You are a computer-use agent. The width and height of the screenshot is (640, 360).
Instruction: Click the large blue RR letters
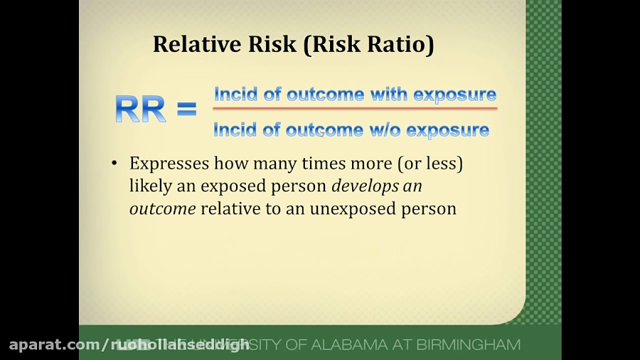[x=140, y=109]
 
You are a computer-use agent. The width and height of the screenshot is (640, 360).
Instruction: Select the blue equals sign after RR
[x=186, y=109]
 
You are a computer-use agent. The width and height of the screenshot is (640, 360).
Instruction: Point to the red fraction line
[x=354, y=108]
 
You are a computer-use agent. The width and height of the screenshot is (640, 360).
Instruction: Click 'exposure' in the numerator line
[x=455, y=94]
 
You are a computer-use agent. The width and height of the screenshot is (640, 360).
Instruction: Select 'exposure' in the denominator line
[x=448, y=129]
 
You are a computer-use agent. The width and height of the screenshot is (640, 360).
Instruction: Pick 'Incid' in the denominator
[x=234, y=129]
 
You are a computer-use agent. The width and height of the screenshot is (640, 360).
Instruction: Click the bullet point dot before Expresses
[x=114, y=164]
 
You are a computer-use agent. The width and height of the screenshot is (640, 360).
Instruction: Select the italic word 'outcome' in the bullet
[x=162, y=209]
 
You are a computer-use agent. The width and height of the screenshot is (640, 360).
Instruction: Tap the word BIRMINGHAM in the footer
[x=469, y=345]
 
